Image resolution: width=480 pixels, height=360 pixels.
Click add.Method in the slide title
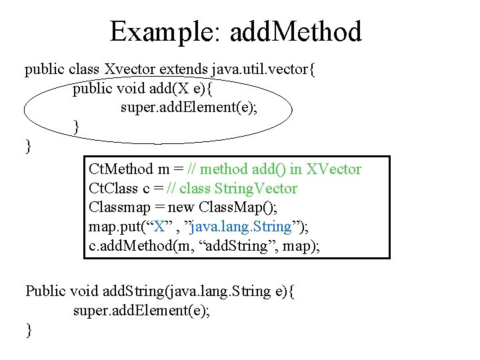pos(295,31)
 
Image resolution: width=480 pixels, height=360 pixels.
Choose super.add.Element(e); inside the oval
pos(189,107)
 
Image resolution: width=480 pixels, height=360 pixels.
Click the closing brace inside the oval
pos(77,125)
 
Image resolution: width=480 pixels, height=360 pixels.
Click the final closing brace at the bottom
pos(28,329)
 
